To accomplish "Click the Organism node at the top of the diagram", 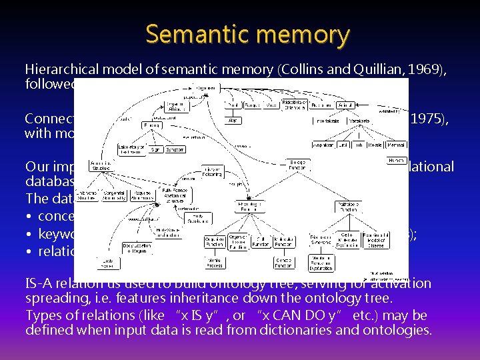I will point(205,88).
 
